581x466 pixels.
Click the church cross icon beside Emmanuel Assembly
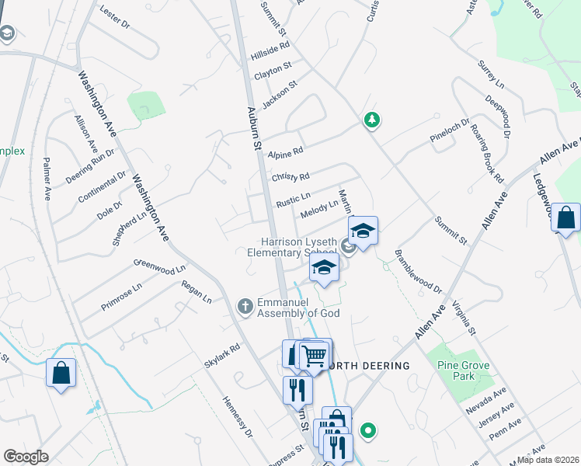(x=245, y=305)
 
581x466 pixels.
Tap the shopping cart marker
(x=313, y=355)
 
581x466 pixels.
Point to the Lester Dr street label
(x=116, y=18)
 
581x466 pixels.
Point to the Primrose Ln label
(x=122, y=297)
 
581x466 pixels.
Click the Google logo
(x=26, y=456)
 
